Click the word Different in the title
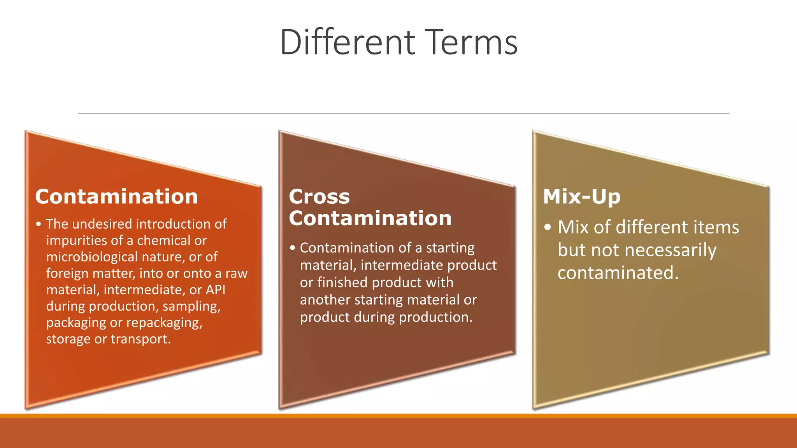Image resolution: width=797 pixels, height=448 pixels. click(x=348, y=42)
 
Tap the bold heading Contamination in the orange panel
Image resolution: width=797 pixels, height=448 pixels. click(x=116, y=196)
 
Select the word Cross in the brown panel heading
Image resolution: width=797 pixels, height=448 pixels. click(x=319, y=196)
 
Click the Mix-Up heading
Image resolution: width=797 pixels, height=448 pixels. click(x=581, y=196)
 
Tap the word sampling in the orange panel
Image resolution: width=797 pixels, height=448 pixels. click(x=191, y=306)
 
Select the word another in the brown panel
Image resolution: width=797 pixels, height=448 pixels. click(x=325, y=300)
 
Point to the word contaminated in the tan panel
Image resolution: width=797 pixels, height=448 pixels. click(x=618, y=273)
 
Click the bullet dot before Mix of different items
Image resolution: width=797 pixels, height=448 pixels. click(x=548, y=227)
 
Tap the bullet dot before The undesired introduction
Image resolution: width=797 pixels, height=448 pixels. click(x=38, y=224)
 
